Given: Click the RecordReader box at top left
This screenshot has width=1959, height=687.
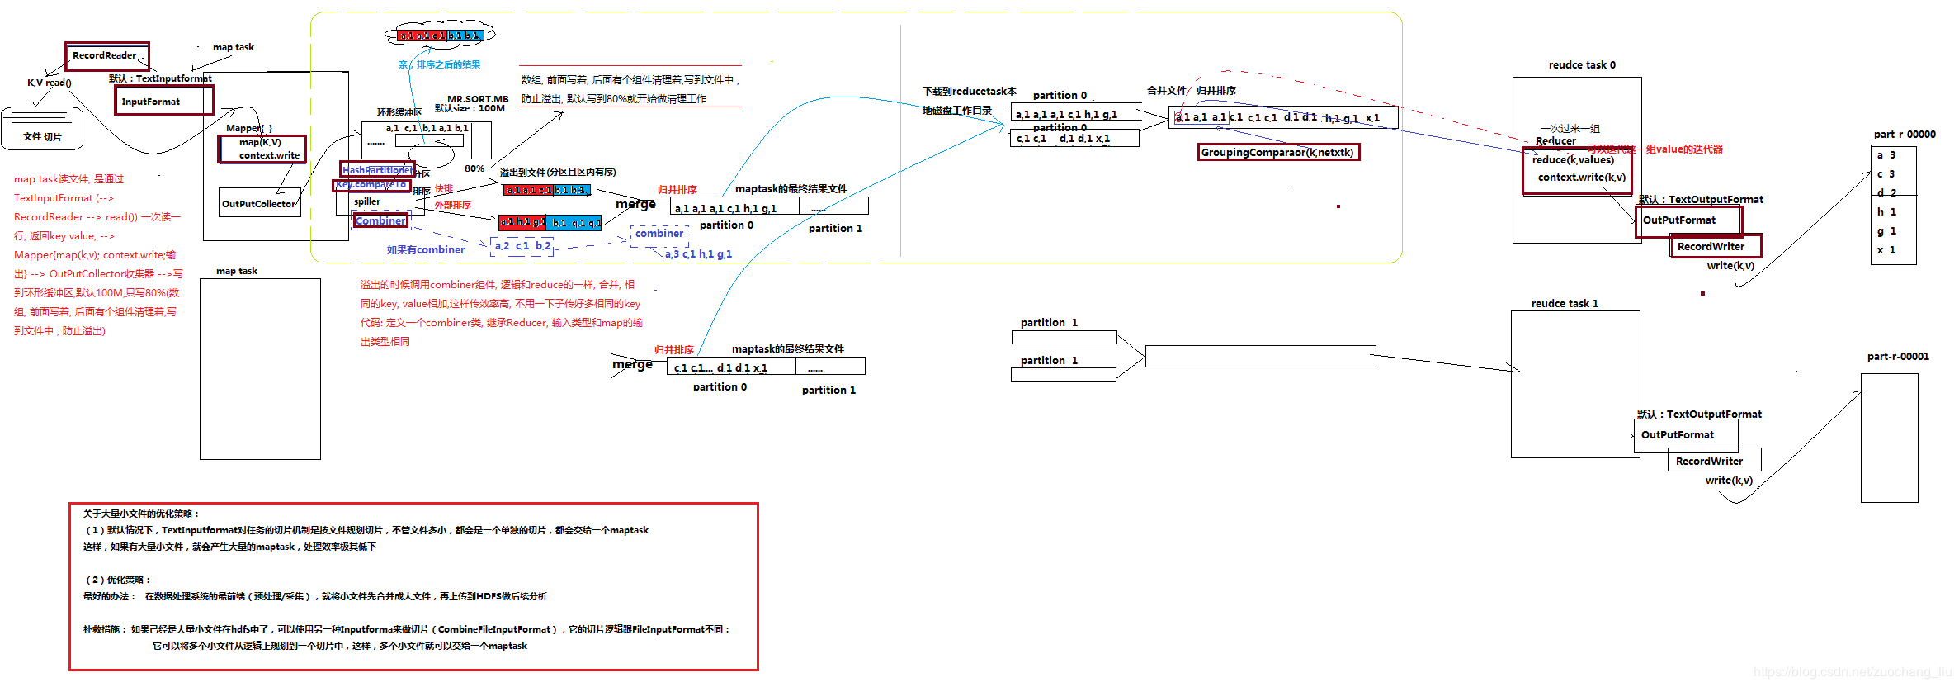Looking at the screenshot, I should (107, 56).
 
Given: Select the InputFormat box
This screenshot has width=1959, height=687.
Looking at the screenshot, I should (163, 101).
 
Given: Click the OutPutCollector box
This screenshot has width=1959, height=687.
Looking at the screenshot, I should (259, 203).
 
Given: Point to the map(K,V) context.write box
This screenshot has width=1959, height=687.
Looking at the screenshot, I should (262, 149).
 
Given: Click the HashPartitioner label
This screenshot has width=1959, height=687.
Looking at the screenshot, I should (378, 169).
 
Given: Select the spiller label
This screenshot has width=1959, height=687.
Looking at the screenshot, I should (367, 201).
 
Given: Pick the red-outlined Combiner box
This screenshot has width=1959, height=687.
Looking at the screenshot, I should (380, 220).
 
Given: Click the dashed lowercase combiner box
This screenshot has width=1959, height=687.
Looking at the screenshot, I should (659, 234).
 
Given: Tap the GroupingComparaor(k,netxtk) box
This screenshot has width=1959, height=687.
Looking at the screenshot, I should (1277, 152).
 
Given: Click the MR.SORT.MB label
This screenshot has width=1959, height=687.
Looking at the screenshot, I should (478, 99).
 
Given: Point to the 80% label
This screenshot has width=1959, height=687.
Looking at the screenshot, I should (474, 168).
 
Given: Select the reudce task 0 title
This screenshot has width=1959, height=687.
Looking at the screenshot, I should (1582, 65).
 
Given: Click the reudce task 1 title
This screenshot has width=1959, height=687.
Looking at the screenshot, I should (1565, 304).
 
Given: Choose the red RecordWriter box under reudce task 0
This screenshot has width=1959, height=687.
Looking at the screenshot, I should (1716, 246).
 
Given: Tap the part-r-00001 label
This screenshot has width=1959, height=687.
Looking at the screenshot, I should (1898, 357).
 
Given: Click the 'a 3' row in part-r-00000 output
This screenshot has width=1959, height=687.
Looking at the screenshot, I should (1886, 155).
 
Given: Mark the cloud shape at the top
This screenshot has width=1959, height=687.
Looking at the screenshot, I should (440, 35).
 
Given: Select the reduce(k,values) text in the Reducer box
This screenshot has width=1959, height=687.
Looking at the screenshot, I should (1573, 160).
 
